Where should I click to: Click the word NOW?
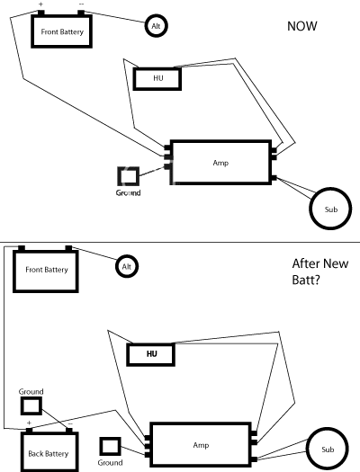(x=301, y=26)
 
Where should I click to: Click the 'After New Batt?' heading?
(x=320, y=272)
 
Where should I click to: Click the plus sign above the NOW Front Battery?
(x=41, y=4)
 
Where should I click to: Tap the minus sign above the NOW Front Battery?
(x=81, y=4)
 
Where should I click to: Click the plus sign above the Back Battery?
(x=29, y=423)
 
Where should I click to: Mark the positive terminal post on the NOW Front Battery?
(x=41, y=13)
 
